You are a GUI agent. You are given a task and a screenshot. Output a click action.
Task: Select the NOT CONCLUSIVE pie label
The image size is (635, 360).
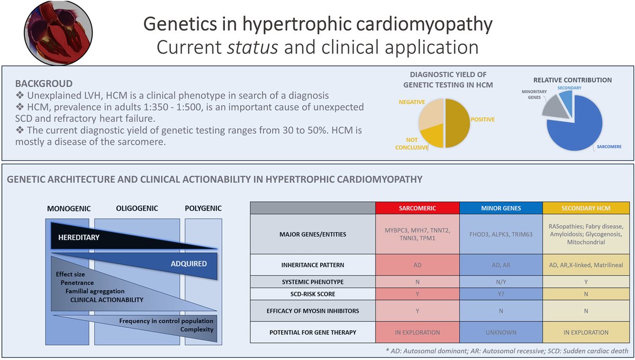click(x=412, y=144)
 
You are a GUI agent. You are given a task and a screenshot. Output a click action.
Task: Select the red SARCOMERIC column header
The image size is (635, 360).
click(x=418, y=208)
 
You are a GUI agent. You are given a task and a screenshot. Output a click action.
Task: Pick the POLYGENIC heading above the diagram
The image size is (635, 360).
click(x=204, y=208)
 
